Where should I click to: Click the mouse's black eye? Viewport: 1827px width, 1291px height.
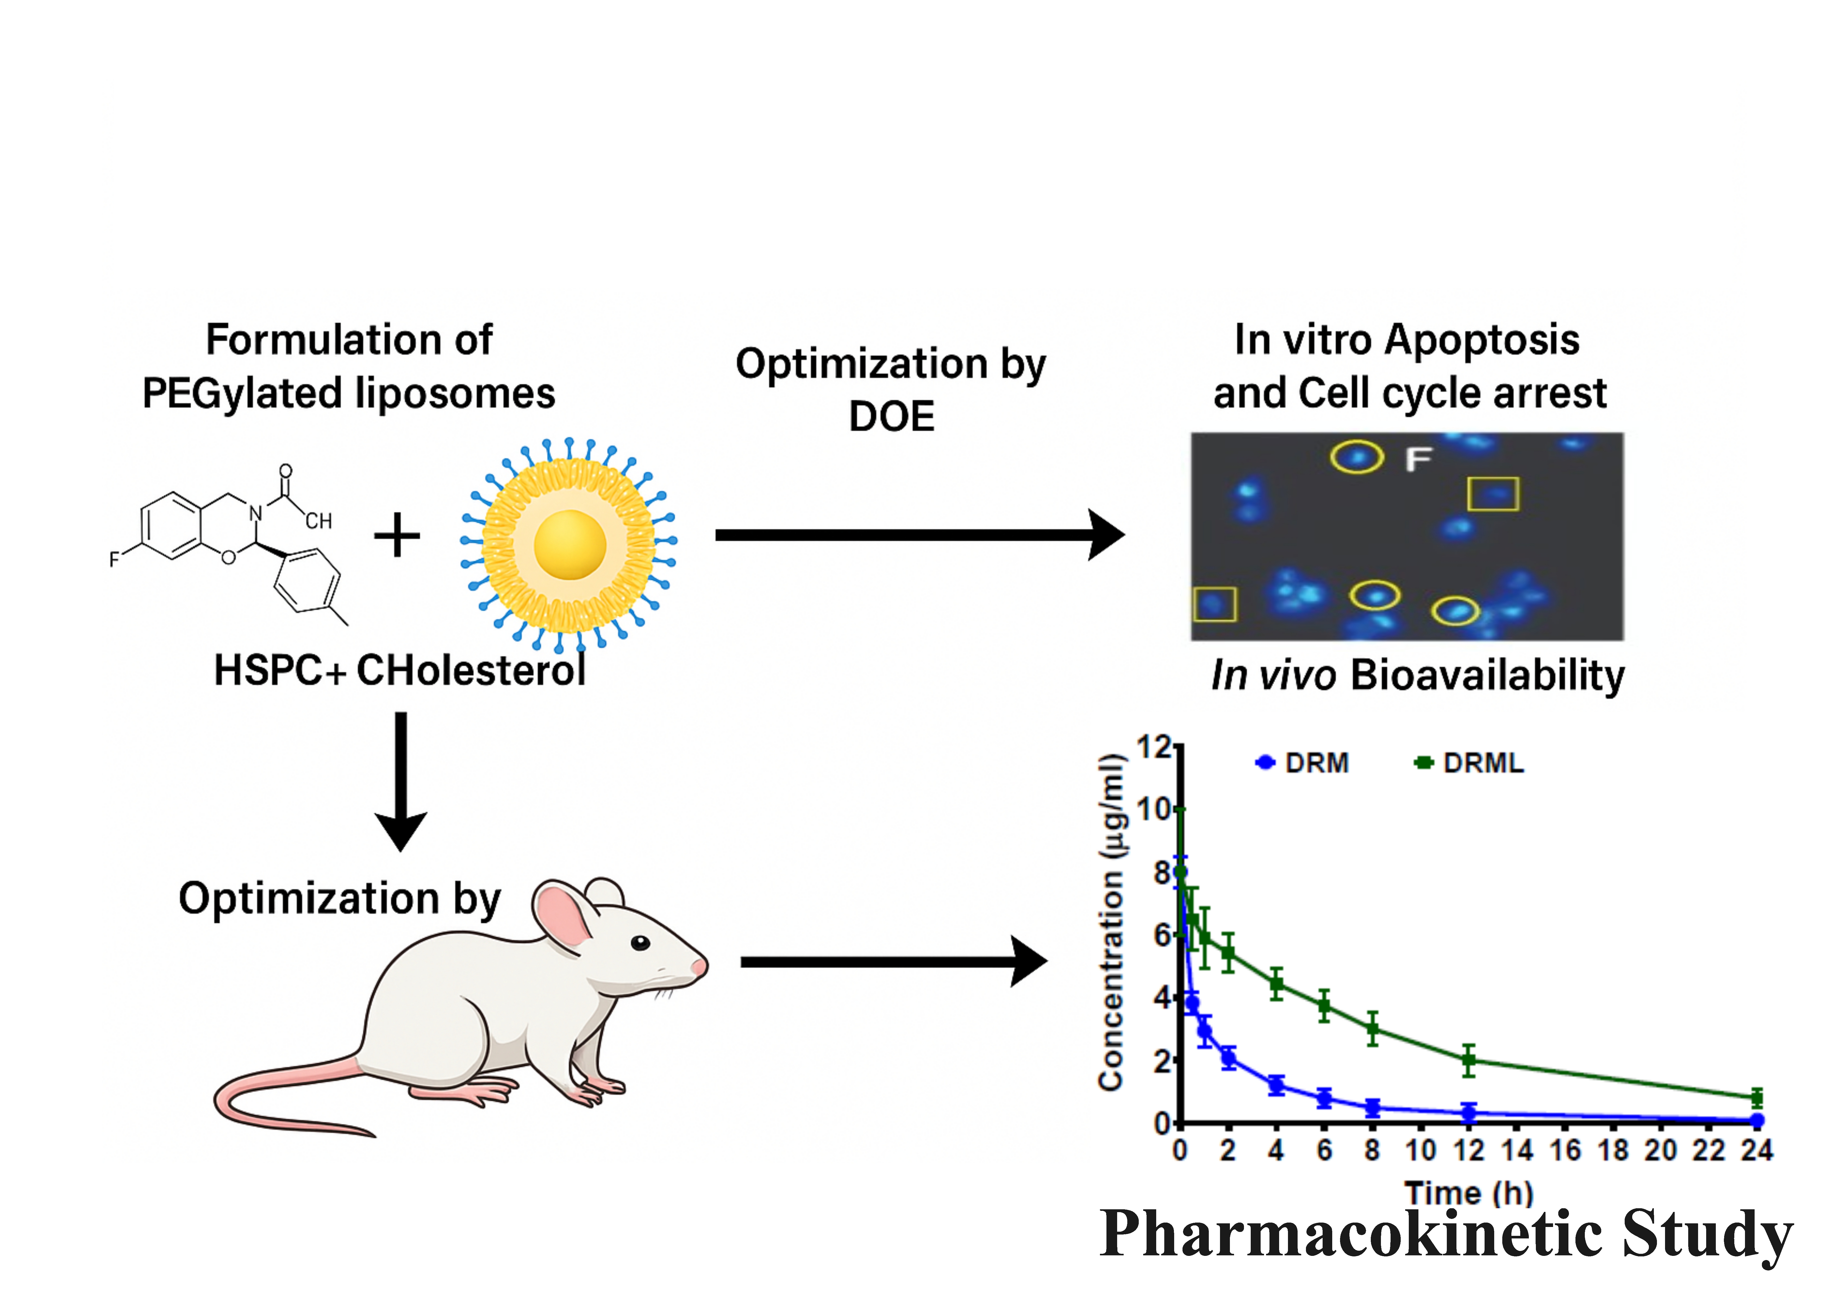coord(641,943)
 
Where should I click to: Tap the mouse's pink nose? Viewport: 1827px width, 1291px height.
coord(699,966)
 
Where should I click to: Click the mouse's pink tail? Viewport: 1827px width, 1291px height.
coord(262,1098)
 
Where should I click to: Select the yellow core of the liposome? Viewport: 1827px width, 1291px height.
coord(570,545)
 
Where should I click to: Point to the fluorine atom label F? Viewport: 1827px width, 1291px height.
coord(115,559)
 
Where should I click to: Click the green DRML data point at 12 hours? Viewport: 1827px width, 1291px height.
coord(1469,1060)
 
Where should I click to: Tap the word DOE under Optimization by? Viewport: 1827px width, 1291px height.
coord(891,416)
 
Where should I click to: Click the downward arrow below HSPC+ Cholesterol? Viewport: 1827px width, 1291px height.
coord(401,780)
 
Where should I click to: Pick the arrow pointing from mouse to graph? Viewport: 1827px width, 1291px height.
coord(891,962)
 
